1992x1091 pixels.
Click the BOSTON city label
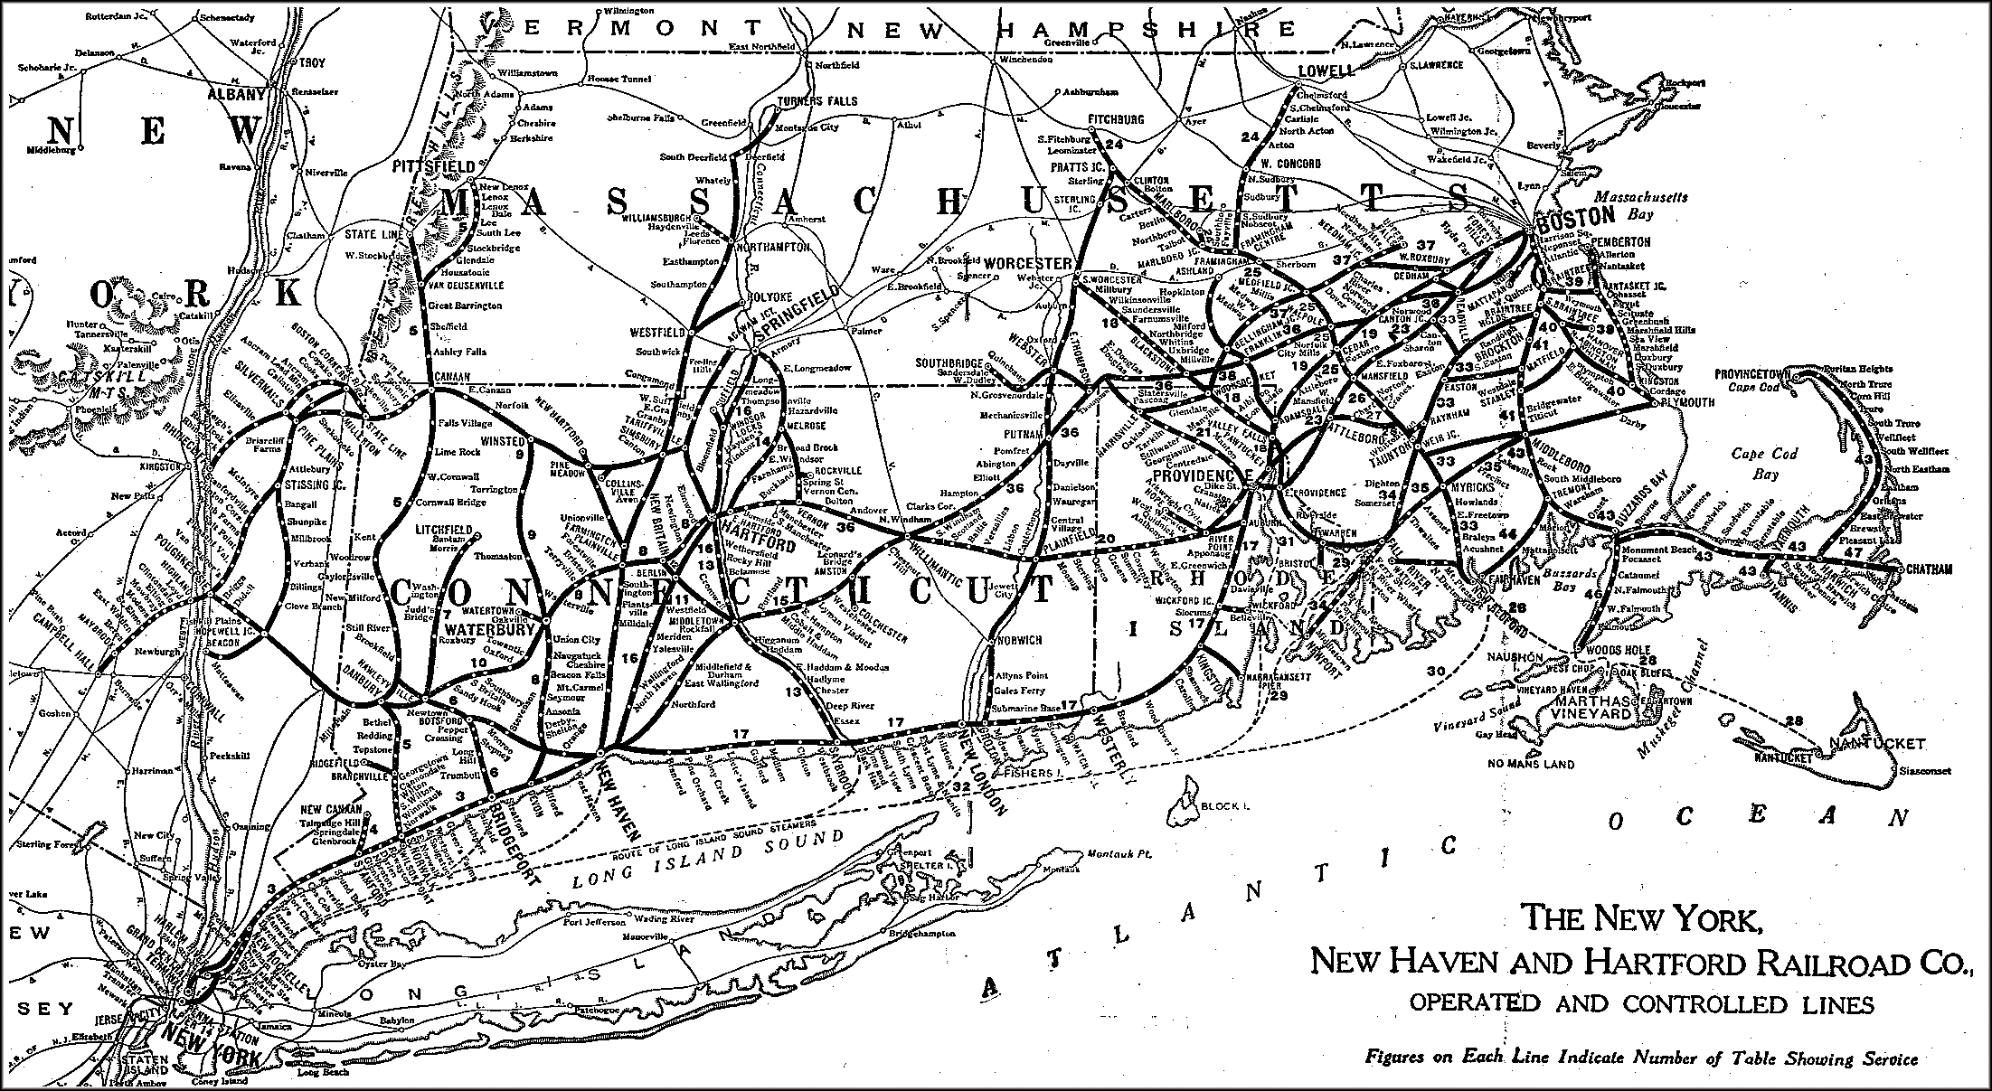point(1574,216)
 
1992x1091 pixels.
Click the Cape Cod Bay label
point(1764,463)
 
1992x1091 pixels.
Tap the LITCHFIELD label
point(444,528)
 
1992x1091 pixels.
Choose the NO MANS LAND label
point(1532,765)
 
